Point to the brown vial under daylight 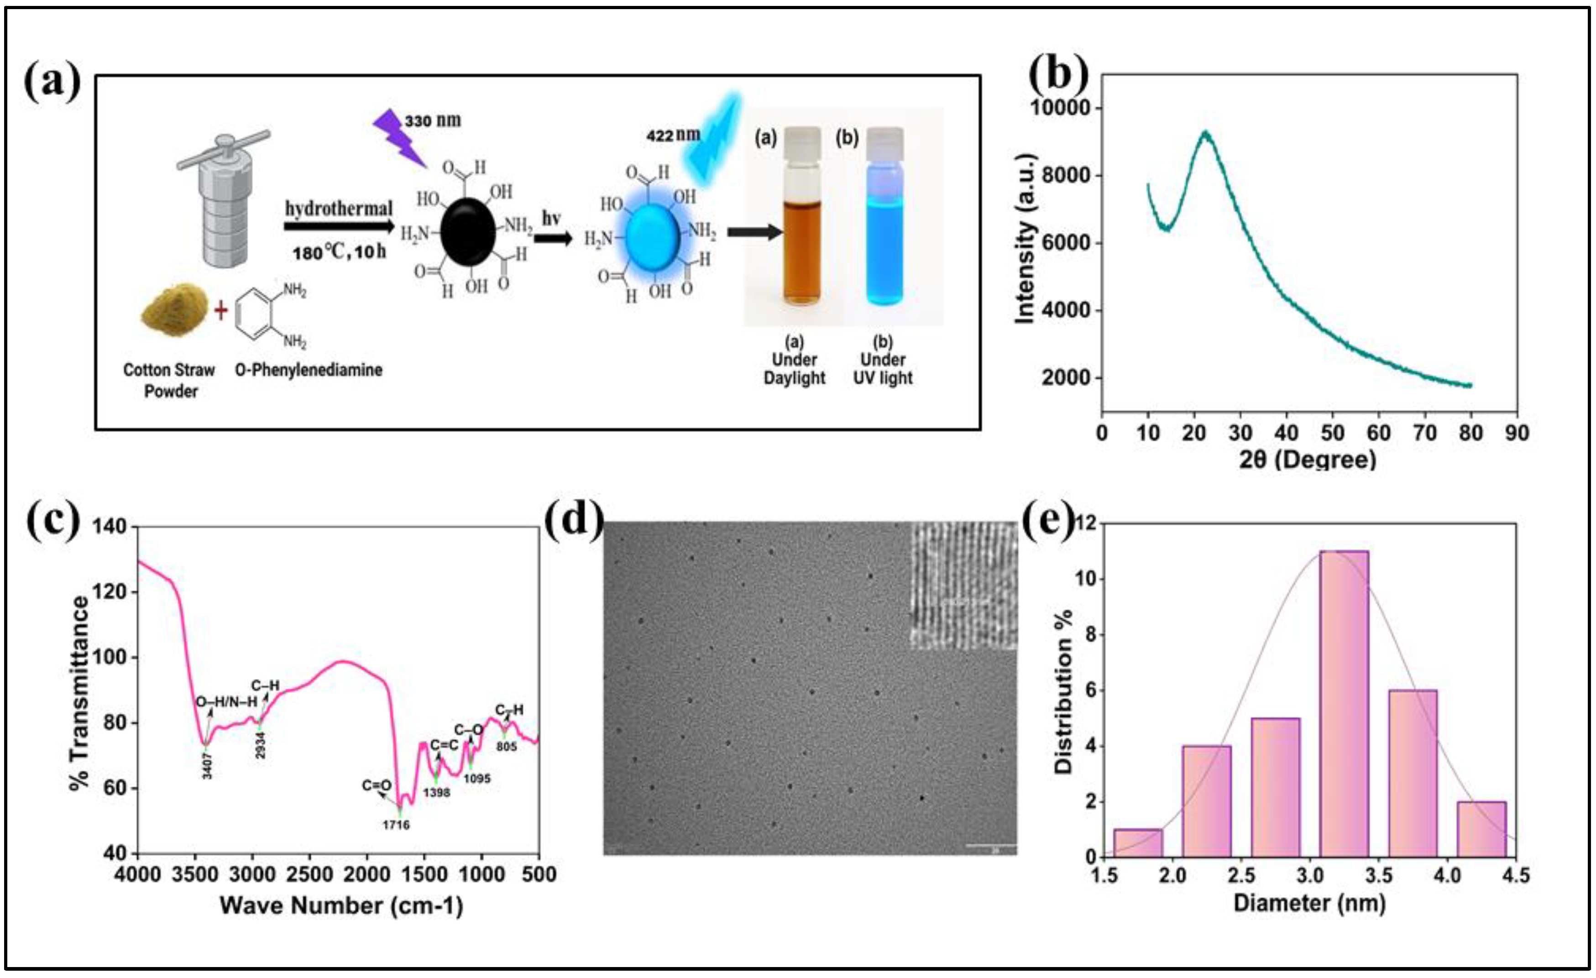(x=802, y=252)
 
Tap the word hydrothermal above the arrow (x=339, y=209)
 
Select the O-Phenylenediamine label (x=309, y=370)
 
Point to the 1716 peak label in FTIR (x=396, y=825)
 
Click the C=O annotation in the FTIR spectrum (x=377, y=785)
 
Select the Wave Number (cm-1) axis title (x=341, y=905)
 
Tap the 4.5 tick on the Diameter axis (x=1516, y=876)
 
